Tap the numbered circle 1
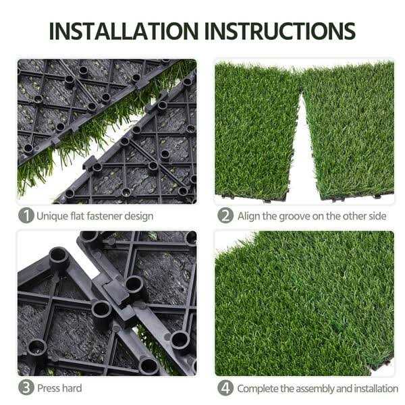[x=26, y=216]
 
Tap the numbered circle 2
[x=225, y=216]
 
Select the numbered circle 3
[x=26, y=388]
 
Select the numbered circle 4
[x=225, y=388]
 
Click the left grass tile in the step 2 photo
[x=253, y=128]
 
